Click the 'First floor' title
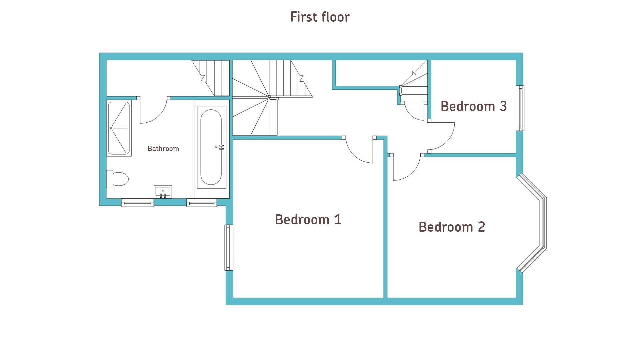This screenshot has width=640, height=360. tap(320, 17)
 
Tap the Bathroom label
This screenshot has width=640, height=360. tap(163, 149)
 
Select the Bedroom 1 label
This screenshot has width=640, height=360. tap(308, 220)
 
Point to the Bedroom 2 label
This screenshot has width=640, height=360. tap(452, 227)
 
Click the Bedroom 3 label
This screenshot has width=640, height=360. tap(474, 106)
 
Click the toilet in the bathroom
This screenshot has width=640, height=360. tap(117, 179)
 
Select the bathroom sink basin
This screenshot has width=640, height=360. tap(163, 192)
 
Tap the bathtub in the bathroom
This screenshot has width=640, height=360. tap(211, 147)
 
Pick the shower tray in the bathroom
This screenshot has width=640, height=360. tap(119, 128)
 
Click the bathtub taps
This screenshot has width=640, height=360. tap(220, 147)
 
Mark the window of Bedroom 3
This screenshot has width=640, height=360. tap(520, 108)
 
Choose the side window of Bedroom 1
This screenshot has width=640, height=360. tap(229, 247)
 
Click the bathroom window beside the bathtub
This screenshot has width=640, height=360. tap(202, 202)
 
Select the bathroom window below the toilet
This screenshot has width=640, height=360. tap(137, 202)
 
